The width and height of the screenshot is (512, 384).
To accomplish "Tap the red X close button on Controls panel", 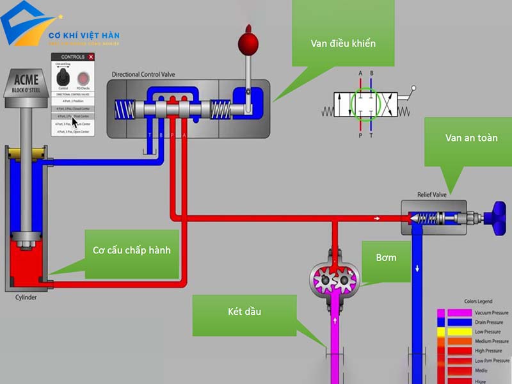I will [x=91, y=57].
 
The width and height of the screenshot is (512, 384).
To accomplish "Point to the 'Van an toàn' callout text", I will [x=471, y=138].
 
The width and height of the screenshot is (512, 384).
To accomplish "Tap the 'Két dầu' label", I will [x=244, y=312].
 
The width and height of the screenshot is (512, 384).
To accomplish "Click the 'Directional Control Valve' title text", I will [x=152, y=75].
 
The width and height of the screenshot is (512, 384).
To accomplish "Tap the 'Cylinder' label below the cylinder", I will [x=26, y=297].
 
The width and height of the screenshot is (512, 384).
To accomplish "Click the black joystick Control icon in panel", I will [x=63, y=78].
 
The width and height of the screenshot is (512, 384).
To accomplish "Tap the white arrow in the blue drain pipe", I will [x=417, y=268].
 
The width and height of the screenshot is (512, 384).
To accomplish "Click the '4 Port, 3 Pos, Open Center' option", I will [x=74, y=131].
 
